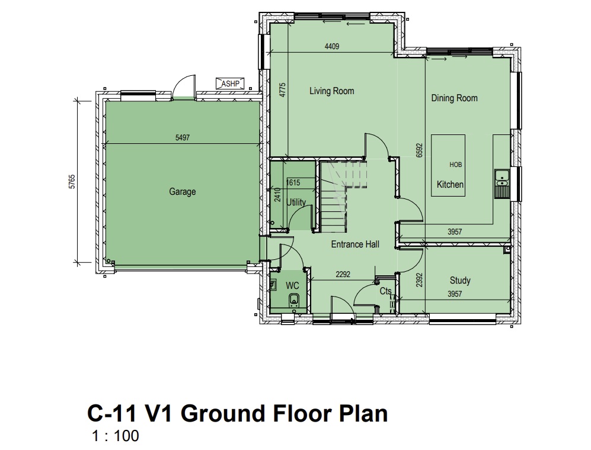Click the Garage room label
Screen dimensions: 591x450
183,192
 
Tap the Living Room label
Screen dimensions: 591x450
332,91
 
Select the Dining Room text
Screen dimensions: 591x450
454,98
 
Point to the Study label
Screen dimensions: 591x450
460,281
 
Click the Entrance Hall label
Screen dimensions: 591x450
355,245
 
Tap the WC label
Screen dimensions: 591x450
292,285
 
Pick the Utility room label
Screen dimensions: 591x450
296,202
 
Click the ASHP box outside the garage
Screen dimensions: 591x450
230,83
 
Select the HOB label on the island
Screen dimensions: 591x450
455,165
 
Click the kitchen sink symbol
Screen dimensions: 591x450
501,184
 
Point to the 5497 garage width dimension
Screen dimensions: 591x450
183,138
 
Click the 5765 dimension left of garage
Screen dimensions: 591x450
72,182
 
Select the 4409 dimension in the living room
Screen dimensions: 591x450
332,47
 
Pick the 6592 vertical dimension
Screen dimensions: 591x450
420,150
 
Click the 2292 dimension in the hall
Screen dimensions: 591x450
343,275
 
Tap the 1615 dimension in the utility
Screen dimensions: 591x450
293,183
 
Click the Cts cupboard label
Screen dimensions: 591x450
385,291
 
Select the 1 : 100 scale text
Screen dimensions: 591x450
116,436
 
